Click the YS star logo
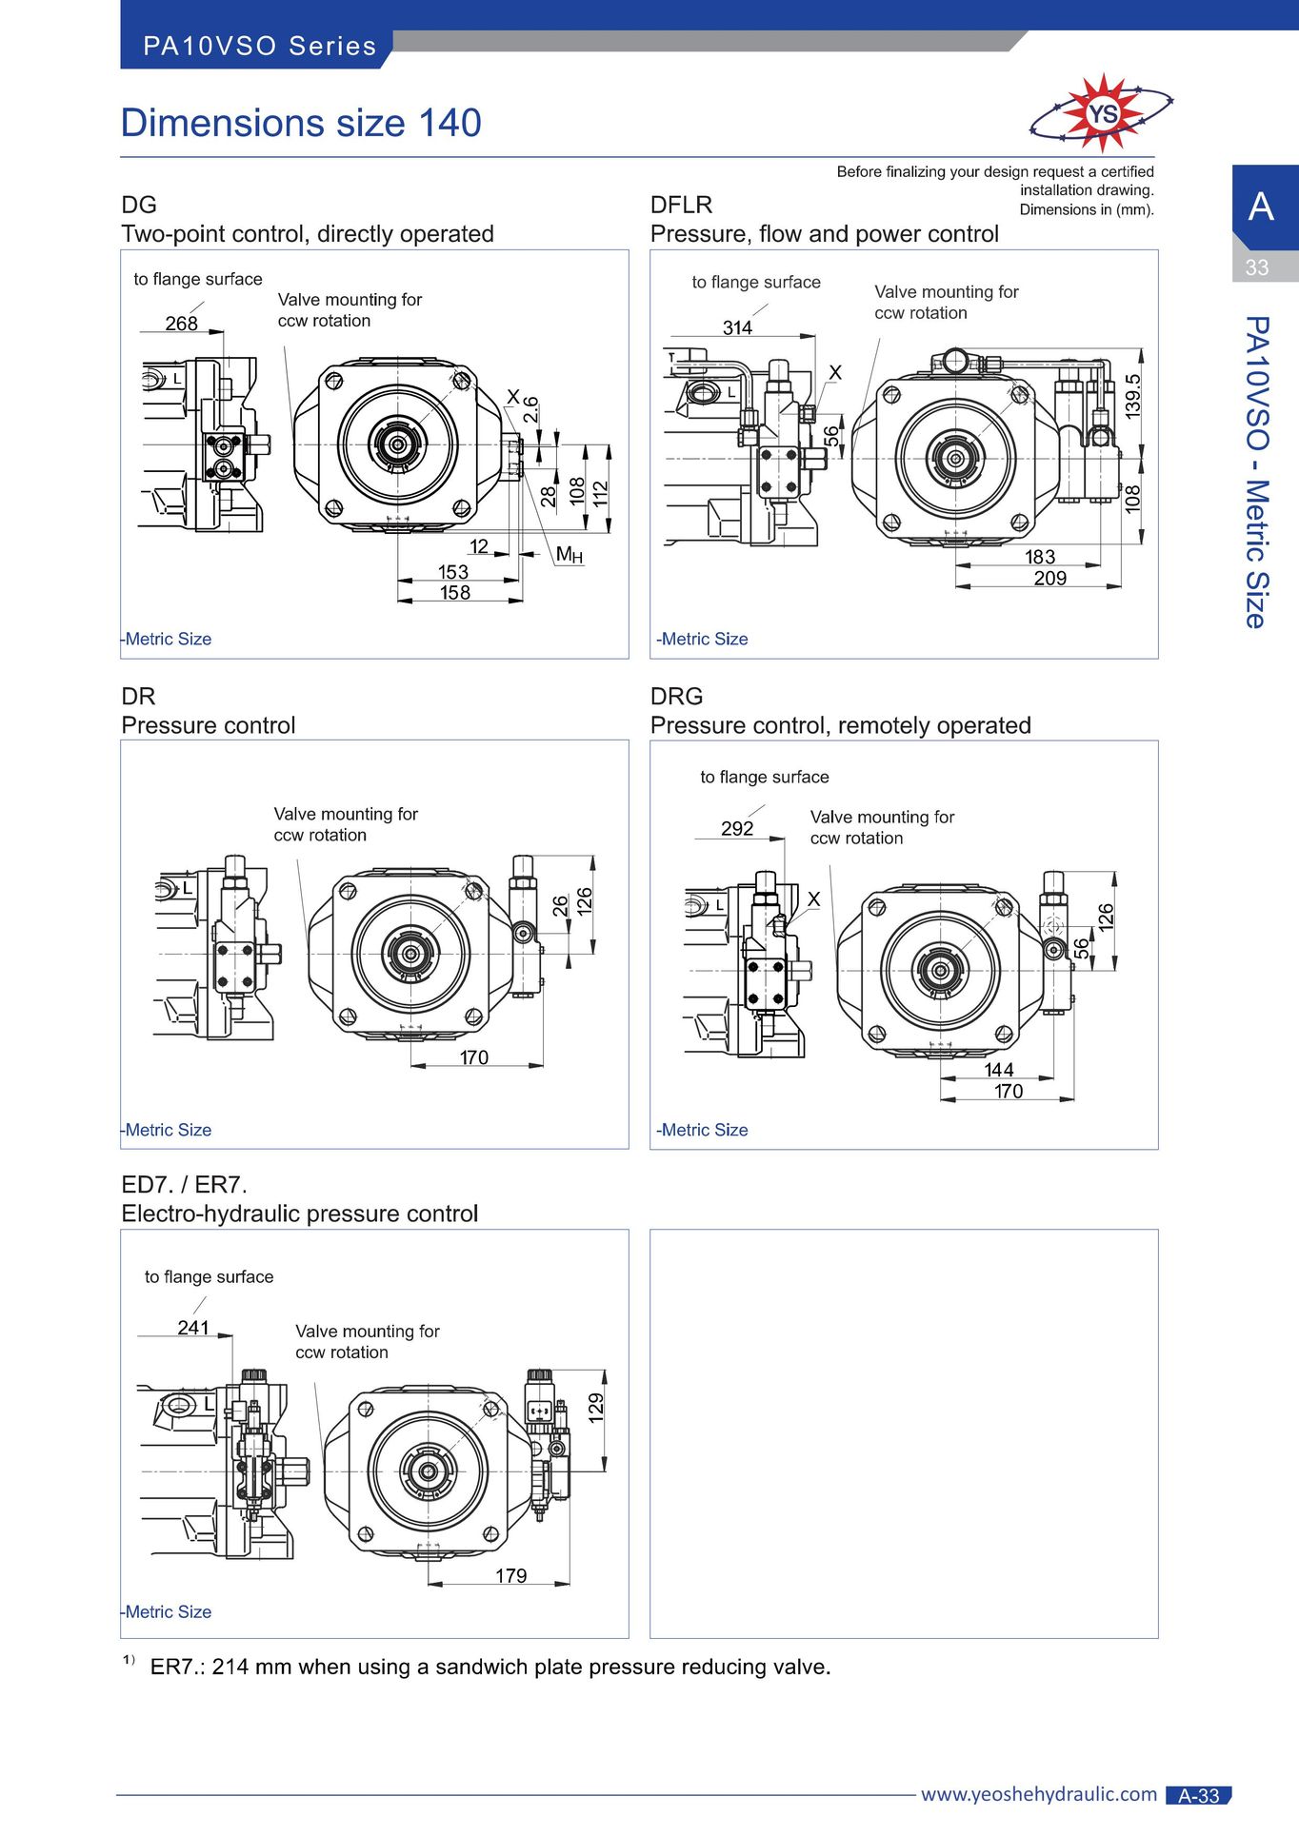click(x=1102, y=112)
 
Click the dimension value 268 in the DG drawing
click(x=181, y=324)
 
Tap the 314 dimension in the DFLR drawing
click(x=737, y=327)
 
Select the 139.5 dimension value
click(x=1132, y=396)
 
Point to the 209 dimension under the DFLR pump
click(x=1049, y=578)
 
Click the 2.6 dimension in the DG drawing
click(x=531, y=409)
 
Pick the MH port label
click(x=569, y=554)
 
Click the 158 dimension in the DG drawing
click(x=454, y=592)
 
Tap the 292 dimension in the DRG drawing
click(x=737, y=828)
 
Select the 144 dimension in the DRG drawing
click(x=998, y=1070)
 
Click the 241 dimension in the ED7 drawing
click(x=193, y=1327)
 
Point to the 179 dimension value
click(x=510, y=1575)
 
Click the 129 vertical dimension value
click(x=596, y=1407)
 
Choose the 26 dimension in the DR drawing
click(x=561, y=905)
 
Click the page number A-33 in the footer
click(x=1199, y=1795)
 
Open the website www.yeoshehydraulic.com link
click(x=1039, y=1794)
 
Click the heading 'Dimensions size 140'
click(x=301, y=123)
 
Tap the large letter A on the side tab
click(x=1261, y=207)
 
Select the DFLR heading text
click(x=681, y=205)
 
